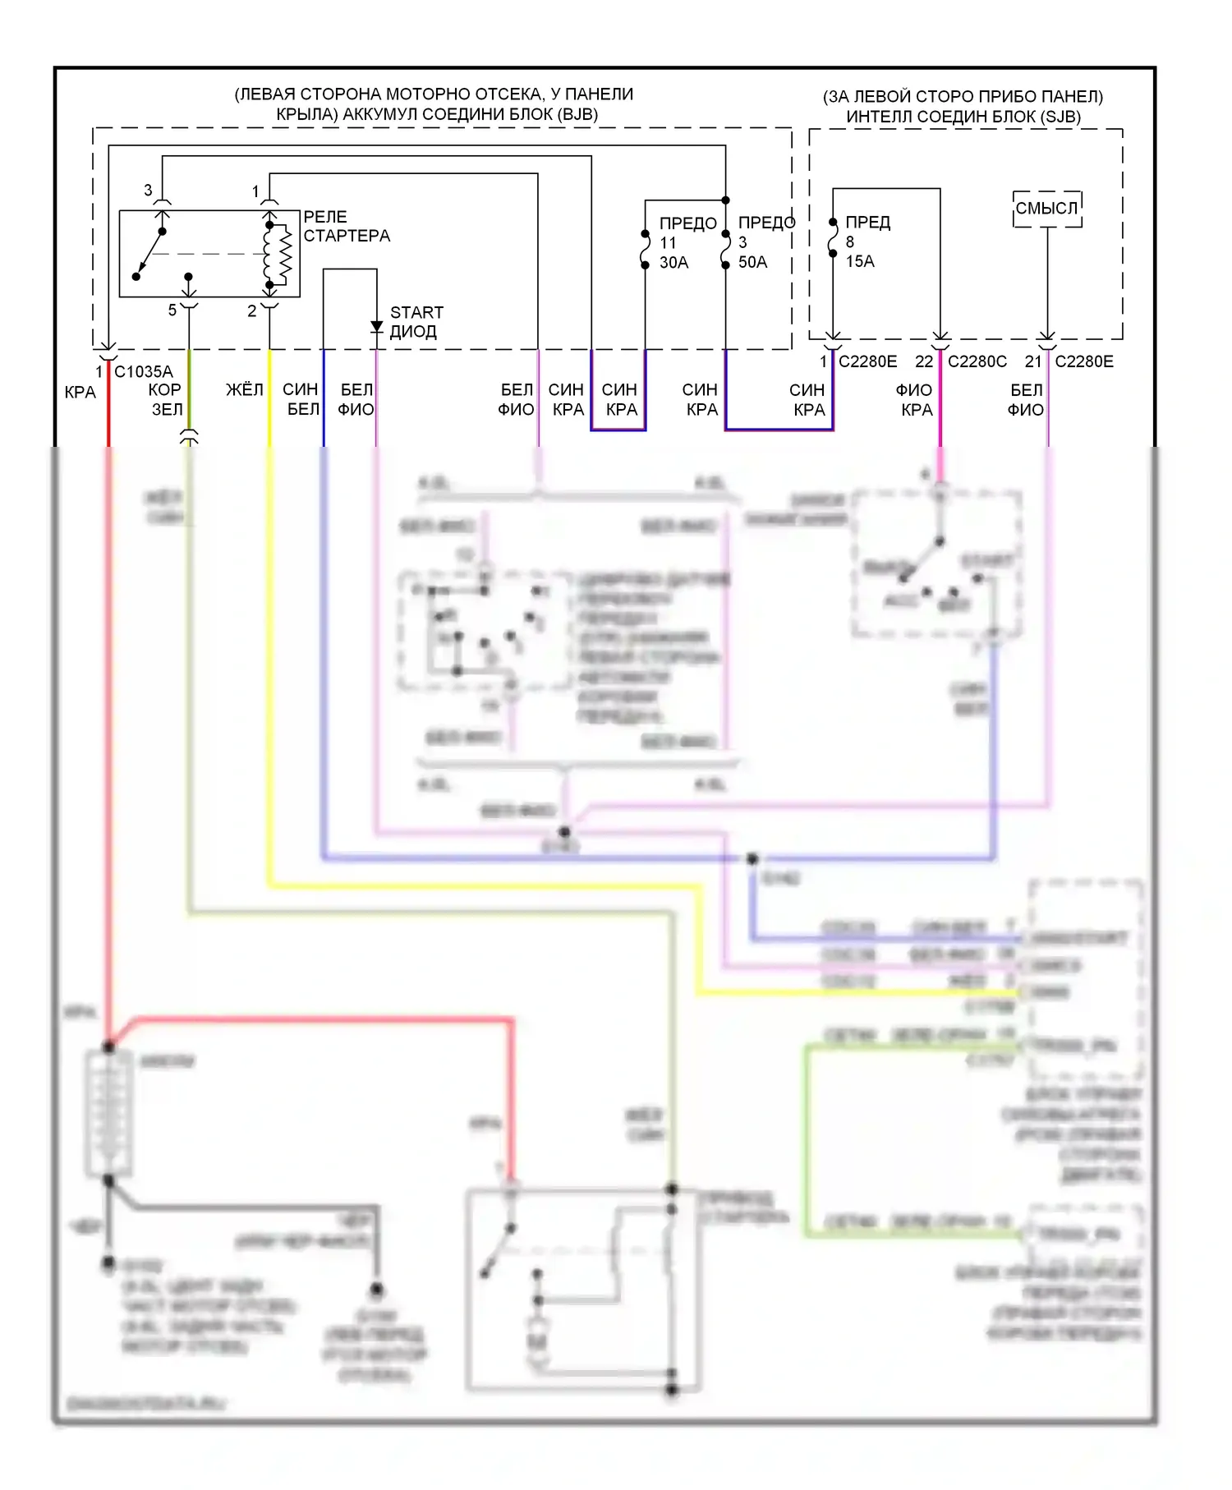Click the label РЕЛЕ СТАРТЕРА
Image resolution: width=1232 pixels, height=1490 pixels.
tap(346, 227)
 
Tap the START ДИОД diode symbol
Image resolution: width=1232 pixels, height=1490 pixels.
tap(376, 328)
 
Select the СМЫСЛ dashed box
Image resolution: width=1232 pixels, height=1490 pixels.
tap(1047, 209)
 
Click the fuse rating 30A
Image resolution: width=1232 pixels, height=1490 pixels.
tap(673, 263)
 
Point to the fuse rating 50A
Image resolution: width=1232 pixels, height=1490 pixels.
tap(752, 262)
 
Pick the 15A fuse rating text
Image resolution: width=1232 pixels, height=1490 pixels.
tap(860, 261)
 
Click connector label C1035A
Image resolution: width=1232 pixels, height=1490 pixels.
tap(143, 371)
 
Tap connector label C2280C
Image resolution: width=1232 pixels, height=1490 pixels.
tap(977, 361)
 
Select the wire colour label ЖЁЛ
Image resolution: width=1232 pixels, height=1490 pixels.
tap(245, 389)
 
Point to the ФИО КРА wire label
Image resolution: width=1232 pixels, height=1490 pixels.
tap(915, 400)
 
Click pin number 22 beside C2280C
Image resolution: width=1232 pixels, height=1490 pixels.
tap(924, 361)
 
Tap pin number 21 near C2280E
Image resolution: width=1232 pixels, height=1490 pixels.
tap(1033, 361)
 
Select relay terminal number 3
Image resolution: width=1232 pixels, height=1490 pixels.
tap(148, 190)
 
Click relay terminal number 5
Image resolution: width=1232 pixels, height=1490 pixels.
tap(172, 310)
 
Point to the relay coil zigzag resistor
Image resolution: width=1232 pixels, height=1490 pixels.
tap(285, 252)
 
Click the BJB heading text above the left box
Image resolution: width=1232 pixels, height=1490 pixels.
tap(434, 104)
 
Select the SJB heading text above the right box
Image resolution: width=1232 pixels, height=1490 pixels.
tap(963, 107)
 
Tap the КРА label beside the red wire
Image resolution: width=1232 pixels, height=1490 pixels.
tap(80, 393)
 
